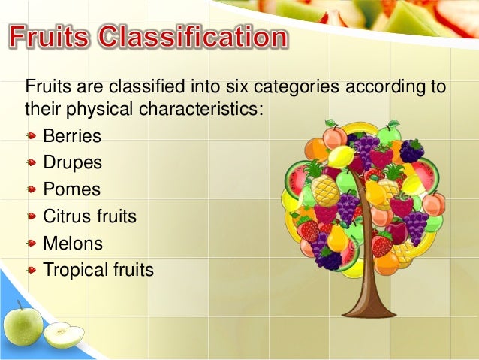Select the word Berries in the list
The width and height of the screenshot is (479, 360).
tap(71, 136)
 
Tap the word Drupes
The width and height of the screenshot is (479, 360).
tap(72, 163)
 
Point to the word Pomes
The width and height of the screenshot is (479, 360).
tap(71, 190)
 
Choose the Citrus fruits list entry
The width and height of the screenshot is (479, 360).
tap(89, 217)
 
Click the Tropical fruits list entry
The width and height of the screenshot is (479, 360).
tap(98, 270)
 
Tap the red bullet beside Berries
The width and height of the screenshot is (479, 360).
tap(31, 138)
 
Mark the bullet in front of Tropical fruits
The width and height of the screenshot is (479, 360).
tap(31, 271)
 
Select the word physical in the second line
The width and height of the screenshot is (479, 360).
tap(95, 110)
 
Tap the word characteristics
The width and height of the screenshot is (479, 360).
tap(200, 110)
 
